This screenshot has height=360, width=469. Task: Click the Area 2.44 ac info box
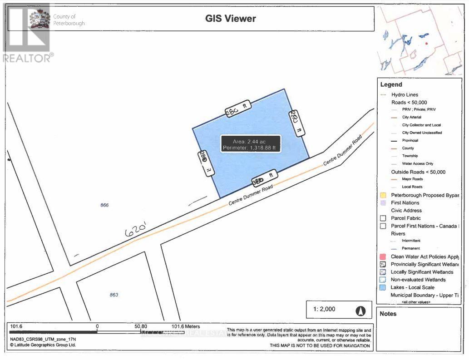(251, 144)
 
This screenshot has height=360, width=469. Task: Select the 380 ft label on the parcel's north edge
(238, 109)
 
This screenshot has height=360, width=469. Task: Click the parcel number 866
(104, 205)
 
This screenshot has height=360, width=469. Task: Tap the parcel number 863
(114, 295)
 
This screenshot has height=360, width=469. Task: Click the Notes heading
(388, 314)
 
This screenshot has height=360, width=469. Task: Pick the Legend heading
(391, 84)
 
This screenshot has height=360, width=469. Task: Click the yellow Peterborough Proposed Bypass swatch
(383, 195)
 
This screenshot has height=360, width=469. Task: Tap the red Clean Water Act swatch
(383, 256)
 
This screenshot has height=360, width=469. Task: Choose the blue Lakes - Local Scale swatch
(383, 287)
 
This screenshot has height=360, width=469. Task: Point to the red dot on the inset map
(427, 44)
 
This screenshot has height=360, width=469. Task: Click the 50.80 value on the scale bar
(141, 326)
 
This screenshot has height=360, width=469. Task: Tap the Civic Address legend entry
(406, 210)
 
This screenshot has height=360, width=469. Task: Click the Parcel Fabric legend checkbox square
(383, 218)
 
